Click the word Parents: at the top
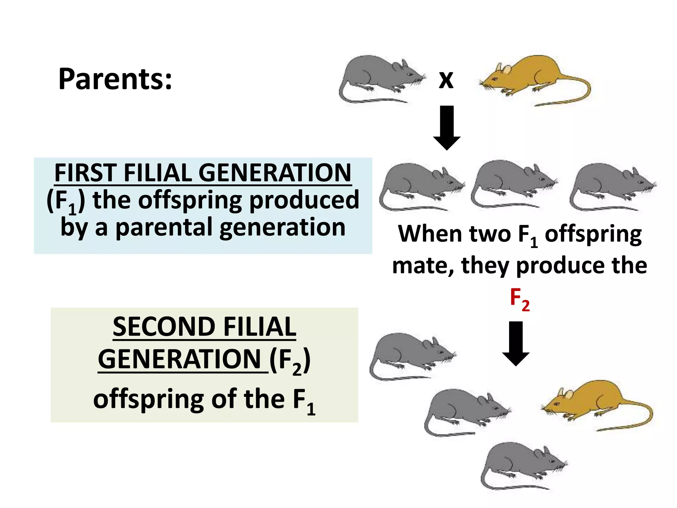tap(115, 79)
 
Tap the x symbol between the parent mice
tap(446, 80)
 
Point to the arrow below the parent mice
tap(447, 127)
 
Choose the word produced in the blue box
tap(304, 200)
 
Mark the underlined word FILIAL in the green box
tap(259, 327)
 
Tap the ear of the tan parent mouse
tap(506, 69)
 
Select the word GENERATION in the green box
tap(180, 360)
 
